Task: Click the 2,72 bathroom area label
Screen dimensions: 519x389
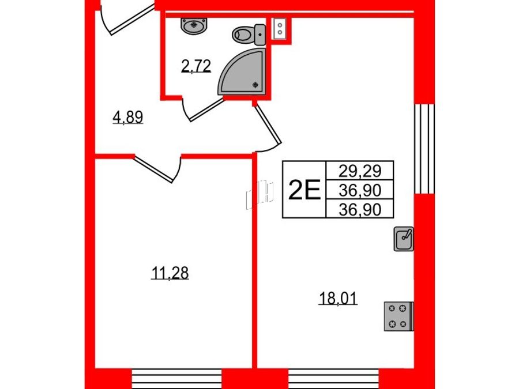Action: pyautogui.click(x=196, y=66)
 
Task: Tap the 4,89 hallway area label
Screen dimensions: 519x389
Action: pyautogui.click(x=128, y=117)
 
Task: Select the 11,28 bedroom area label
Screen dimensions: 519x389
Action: pyautogui.click(x=170, y=273)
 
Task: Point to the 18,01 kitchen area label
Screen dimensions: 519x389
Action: pyautogui.click(x=338, y=299)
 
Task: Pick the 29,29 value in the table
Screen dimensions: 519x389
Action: pyautogui.click(x=360, y=171)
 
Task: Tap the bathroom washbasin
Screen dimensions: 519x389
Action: pyautogui.click(x=194, y=26)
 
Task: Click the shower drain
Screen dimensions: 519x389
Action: pyautogui.click(x=255, y=85)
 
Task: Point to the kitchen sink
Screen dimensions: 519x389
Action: pyautogui.click(x=404, y=239)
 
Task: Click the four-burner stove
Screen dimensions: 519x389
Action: pyautogui.click(x=398, y=316)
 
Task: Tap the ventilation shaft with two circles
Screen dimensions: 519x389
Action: pyautogui.click(x=280, y=28)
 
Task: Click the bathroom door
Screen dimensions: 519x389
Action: pyautogui.click(x=202, y=108)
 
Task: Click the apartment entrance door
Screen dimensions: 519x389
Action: pyautogui.click(x=127, y=18)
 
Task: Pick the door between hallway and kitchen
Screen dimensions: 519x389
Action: pyautogui.click(x=268, y=127)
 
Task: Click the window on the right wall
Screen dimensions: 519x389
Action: pyautogui.click(x=424, y=149)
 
